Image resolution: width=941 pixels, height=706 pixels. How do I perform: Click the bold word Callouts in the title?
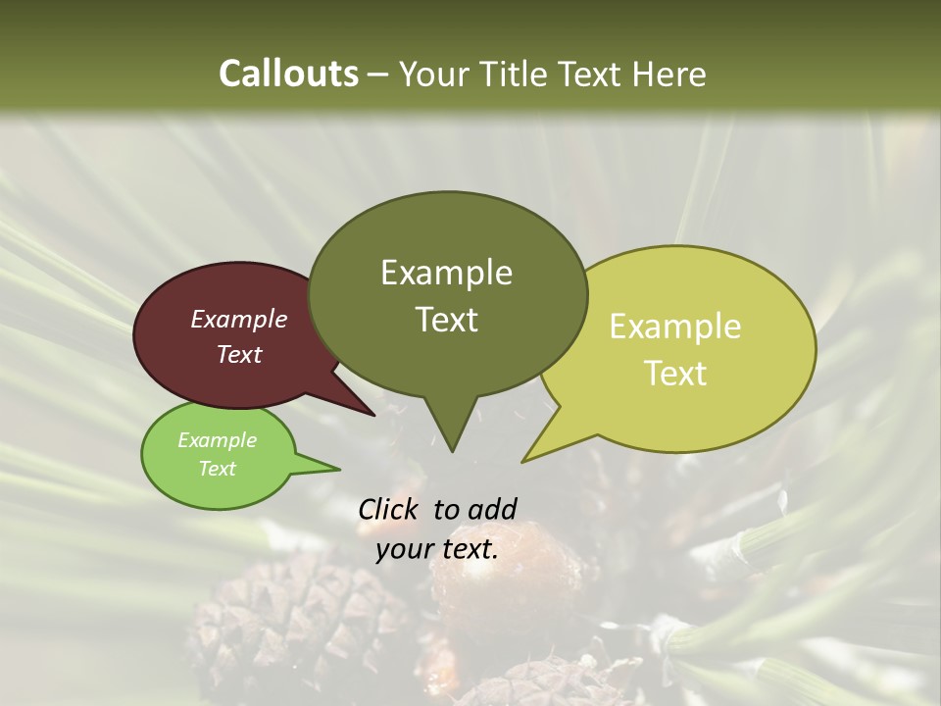(x=288, y=74)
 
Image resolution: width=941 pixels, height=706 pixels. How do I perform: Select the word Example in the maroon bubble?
(x=238, y=319)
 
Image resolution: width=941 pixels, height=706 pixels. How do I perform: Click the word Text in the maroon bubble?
(x=238, y=354)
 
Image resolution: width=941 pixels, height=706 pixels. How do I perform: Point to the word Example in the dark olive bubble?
(x=446, y=272)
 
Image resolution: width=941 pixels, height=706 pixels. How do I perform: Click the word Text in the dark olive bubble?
(x=446, y=319)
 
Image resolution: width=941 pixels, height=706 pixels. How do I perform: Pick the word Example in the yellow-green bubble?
(x=675, y=327)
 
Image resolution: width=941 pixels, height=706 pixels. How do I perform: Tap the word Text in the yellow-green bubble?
(x=675, y=373)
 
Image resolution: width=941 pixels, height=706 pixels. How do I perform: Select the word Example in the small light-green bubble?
(x=217, y=440)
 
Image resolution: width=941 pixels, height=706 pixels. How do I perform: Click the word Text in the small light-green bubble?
(x=217, y=469)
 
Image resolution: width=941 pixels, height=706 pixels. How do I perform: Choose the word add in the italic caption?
(x=492, y=509)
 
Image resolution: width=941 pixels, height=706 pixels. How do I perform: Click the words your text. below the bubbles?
(x=437, y=549)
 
